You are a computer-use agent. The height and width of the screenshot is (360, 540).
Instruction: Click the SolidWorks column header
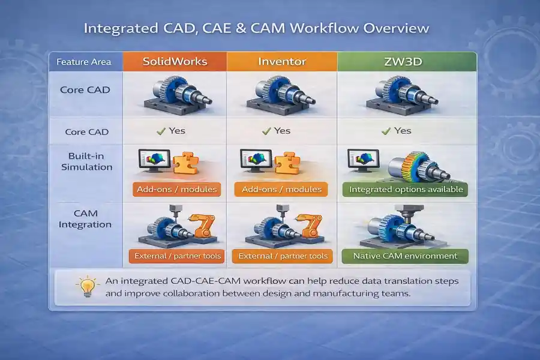(x=174, y=61)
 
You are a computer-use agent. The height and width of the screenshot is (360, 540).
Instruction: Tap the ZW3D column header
(x=406, y=61)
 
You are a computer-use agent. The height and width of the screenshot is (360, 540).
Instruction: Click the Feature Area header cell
(x=86, y=62)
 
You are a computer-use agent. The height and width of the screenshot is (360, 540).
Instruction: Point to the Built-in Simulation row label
(x=86, y=161)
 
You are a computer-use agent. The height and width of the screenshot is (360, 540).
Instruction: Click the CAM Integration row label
(x=86, y=219)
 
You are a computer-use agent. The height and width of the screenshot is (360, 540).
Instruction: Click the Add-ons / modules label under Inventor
(x=281, y=189)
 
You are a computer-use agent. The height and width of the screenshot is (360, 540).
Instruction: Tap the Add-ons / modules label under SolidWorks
(x=175, y=189)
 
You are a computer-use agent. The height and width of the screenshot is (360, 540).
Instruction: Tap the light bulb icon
(x=86, y=287)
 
